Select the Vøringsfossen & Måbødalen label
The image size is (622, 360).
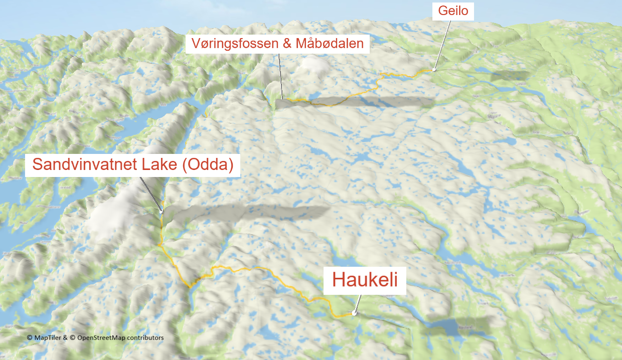[277, 44]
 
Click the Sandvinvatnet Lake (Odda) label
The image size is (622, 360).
[133, 165]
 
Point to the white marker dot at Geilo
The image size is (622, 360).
[434, 70]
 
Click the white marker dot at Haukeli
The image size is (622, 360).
[354, 313]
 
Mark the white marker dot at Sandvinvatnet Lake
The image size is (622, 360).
[161, 212]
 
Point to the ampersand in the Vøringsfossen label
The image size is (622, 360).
[287, 44]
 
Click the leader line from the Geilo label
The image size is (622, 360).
[442, 45]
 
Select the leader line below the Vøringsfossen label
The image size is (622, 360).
[280, 75]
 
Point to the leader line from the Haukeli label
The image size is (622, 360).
[358, 303]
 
